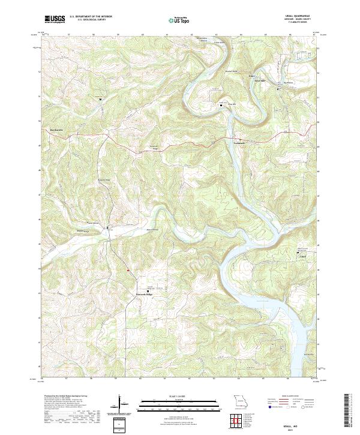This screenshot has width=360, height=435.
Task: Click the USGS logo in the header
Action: [x=55, y=19]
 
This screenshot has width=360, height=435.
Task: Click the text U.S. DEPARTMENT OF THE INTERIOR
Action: [x=91, y=17]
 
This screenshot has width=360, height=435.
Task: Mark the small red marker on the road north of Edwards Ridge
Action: [x=128, y=270]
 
